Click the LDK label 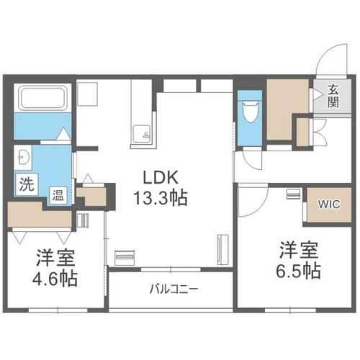click(x=161, y=178)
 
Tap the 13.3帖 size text click(x=161, y=198)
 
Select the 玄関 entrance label click(x=333, y=96)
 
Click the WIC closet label click(x=329, y=204)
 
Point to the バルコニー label click(x=174, y=289)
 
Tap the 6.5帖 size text click(x=299, y=271)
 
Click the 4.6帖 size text click(x=55, y=279)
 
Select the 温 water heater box click(x=58, y=195)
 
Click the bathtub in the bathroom click(x=42, y=98)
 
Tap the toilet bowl click(x=250, y=111)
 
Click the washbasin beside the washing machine click(x=24, y=157)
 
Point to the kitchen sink click(x=142, y=135)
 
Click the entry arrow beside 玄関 click(x=318, y=94)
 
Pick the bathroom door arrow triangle click(x=64, y=133)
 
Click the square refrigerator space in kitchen click(x=87, y=94)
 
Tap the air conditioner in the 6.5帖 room click(x=293, y=194)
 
